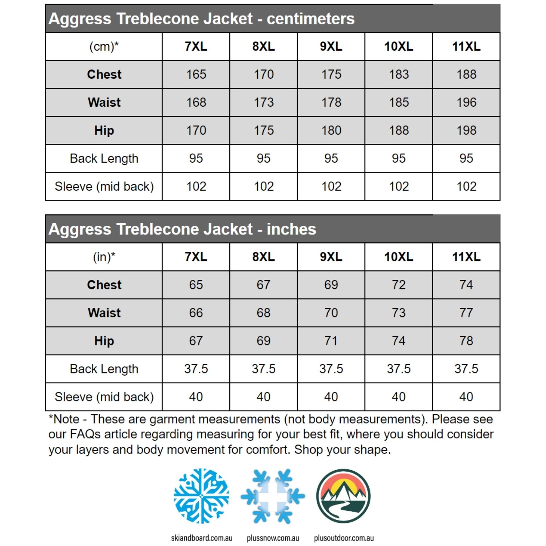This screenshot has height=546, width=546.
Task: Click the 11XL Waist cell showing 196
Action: (466, 102)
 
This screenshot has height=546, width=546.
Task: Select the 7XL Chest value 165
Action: (196, 74)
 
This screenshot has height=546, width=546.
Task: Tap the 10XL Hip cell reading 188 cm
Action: (399, 130)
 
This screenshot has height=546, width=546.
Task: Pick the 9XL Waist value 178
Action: (331, 102)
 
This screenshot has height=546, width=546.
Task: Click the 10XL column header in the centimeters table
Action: (399, 46)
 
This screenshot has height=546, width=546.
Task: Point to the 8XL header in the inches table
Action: (264, 257)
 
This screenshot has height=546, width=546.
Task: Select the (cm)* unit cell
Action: (104, 46)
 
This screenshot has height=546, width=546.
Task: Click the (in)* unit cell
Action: (104, 257)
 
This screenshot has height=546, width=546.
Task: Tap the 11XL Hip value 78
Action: (466, 341)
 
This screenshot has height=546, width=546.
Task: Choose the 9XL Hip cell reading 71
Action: (331, 341)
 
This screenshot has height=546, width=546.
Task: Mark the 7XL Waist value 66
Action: (196, 313)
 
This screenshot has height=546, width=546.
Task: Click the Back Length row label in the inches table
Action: (104, 369)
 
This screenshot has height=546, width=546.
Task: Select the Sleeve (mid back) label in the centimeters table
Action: (104, 186)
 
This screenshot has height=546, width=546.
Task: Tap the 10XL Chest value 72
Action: (399, 285)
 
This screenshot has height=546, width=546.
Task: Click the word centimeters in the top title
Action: (310, 19)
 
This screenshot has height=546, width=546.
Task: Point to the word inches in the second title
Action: (291, 229)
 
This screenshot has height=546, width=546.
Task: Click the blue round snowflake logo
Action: (201, 496)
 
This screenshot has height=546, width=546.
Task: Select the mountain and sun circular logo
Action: (344, 496)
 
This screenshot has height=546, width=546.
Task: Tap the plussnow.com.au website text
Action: (273, 538)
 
